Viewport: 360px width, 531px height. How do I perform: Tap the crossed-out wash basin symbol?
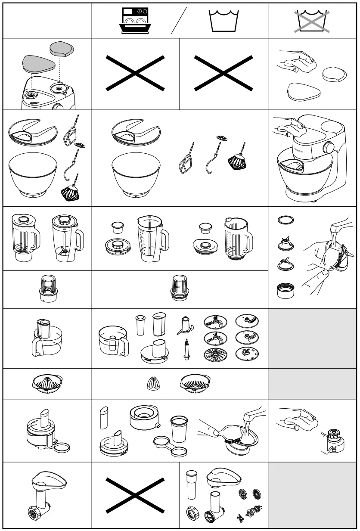tap(311, 21)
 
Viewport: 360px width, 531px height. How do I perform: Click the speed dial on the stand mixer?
tap(329, 147)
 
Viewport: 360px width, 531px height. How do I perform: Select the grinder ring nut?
tap(192, 514)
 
